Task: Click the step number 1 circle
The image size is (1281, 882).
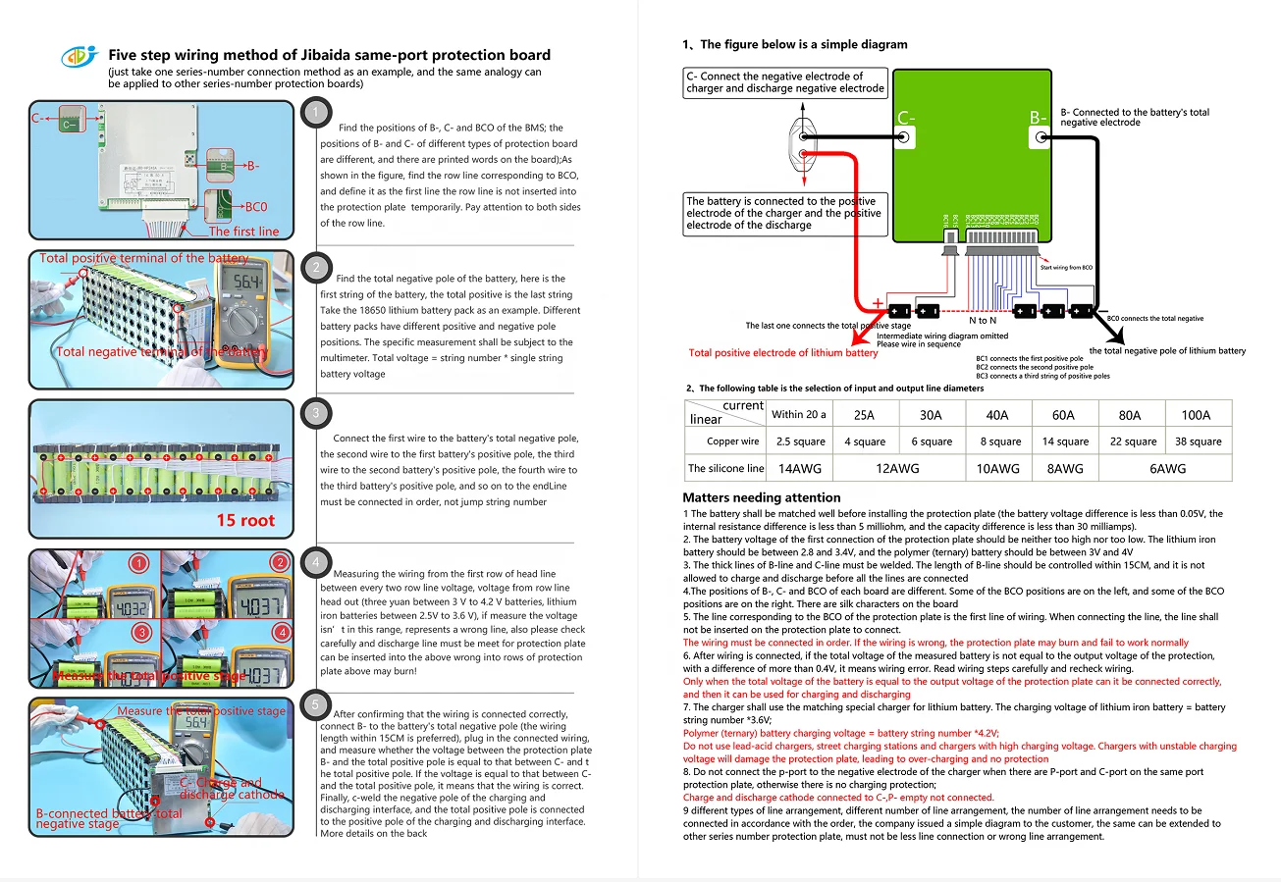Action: click(x=315, y=113)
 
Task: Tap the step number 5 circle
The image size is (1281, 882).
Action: click(x=315, y=703)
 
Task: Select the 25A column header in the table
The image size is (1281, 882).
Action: click(x=864, y=415)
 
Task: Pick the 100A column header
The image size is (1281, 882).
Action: click(x=1196, y=415)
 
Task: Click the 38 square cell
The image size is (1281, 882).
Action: click(x=1198, y=441)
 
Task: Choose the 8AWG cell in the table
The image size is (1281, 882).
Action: click(x=1064, y=469)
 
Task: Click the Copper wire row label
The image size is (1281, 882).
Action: click(x=732, y=441)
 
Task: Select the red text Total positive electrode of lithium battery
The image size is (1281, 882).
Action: click(x=783, y=353)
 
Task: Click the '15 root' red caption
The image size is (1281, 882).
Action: click(x=245, y=520)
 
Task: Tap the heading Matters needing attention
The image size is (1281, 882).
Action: click(x=762, y=497)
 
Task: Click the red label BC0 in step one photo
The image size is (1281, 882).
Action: click(x=256, y=207)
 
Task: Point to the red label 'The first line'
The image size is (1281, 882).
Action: click(x=243, y=232)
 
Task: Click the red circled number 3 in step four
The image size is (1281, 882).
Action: click(x=140, y=632)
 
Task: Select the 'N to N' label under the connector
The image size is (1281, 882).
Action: click(x=983, y=321)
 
